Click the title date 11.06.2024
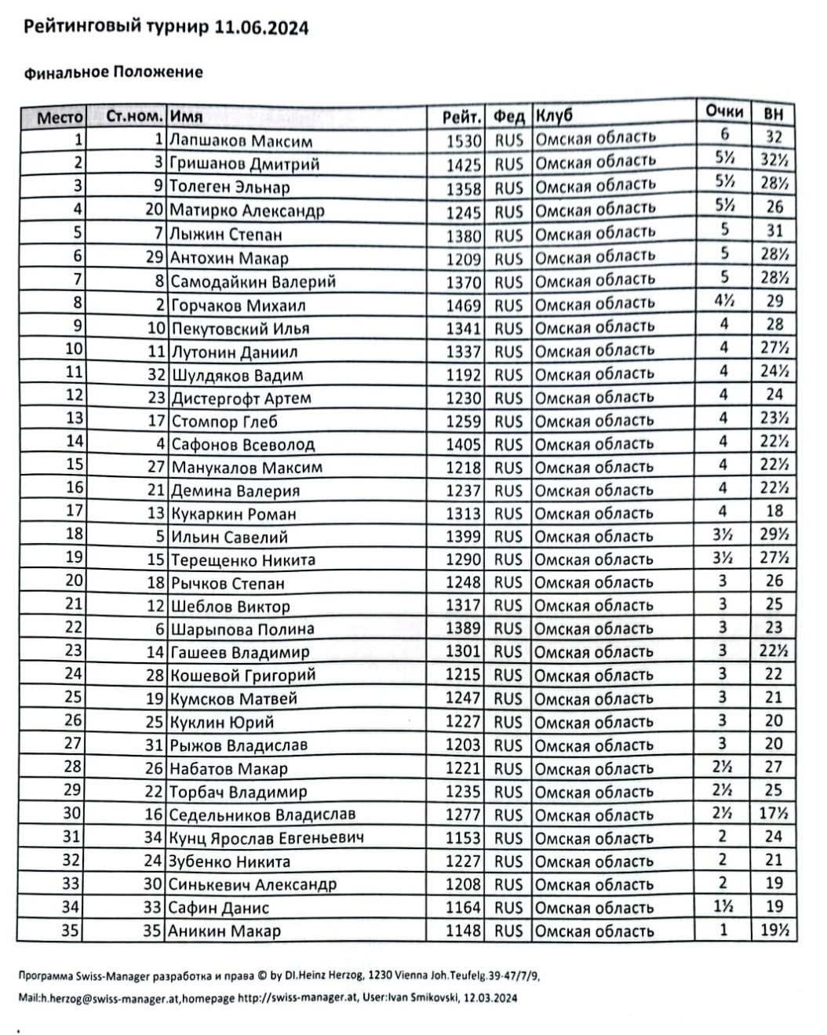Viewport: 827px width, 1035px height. point(260,28)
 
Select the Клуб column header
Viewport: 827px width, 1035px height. point(555,116)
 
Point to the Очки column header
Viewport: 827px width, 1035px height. point(723,111)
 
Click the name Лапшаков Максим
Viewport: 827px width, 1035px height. point(241,141)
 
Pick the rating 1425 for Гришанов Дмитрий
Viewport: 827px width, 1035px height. point(463,165)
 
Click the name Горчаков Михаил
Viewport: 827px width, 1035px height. point(238,305)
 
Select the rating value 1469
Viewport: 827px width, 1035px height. point(463,305)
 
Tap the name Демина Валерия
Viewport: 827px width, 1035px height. point(235,491)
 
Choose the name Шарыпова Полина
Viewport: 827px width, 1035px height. point(242,629)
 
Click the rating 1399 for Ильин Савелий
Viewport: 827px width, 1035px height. point(463,537)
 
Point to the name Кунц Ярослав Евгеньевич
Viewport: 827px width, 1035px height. point(267,838)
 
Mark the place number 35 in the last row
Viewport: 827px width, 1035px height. point(71,931)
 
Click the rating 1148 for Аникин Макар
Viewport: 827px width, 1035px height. point(463,931)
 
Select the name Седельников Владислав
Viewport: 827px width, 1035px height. point(262,815)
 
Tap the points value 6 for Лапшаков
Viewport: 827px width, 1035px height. point(724,135)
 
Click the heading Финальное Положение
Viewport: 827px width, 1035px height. point(114,72)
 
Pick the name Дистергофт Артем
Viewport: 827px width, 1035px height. point(241,399)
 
